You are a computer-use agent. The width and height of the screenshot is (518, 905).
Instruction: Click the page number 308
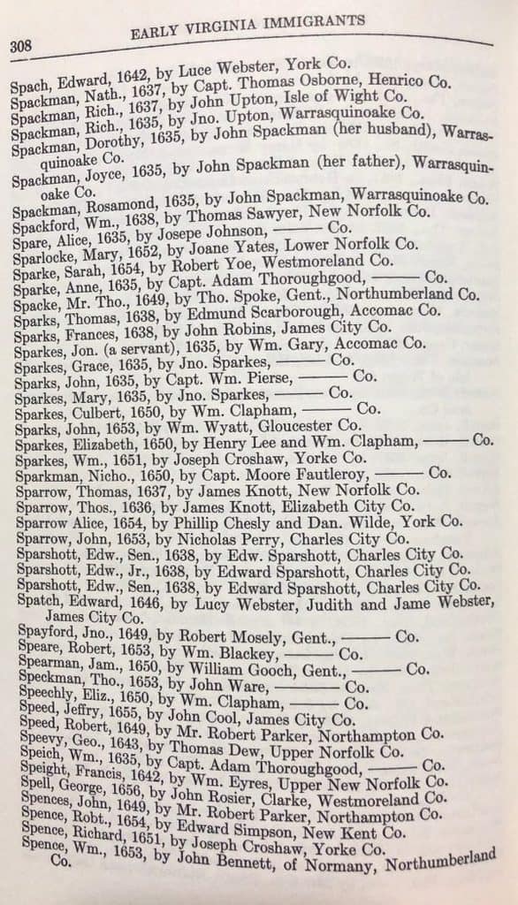coord(21,47)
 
